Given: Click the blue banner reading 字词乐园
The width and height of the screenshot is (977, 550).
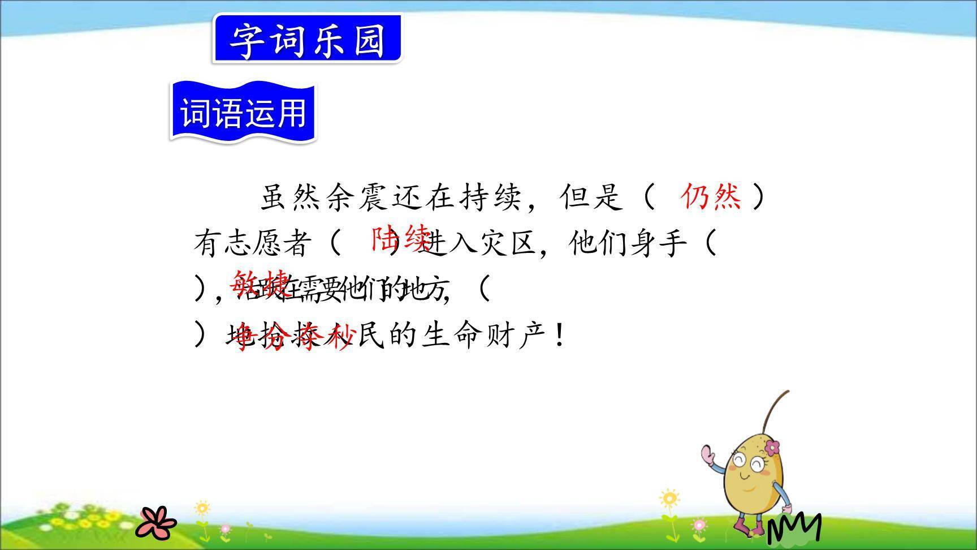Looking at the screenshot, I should coord(307,40).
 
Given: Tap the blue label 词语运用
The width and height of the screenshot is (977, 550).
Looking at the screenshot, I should coord(243,112).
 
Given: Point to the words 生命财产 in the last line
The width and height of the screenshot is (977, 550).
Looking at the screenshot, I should coord(484,336).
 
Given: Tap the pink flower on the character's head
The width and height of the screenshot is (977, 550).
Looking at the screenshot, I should coord(772,448).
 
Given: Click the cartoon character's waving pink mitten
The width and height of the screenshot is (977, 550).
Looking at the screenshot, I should coord(707,454).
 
